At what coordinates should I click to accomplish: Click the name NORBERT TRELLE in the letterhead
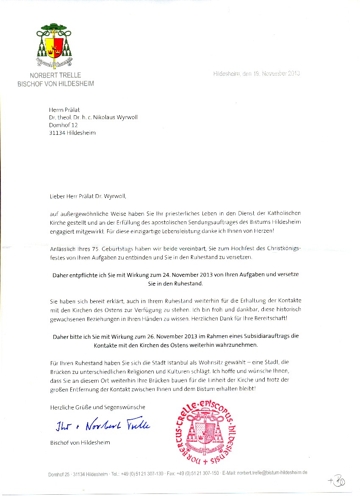(55, 76)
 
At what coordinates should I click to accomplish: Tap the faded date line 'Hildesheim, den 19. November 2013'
(257, 74)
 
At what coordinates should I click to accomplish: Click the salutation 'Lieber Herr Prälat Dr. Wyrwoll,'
(88, 196)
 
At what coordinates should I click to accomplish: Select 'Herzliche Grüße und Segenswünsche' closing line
(97, 407)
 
